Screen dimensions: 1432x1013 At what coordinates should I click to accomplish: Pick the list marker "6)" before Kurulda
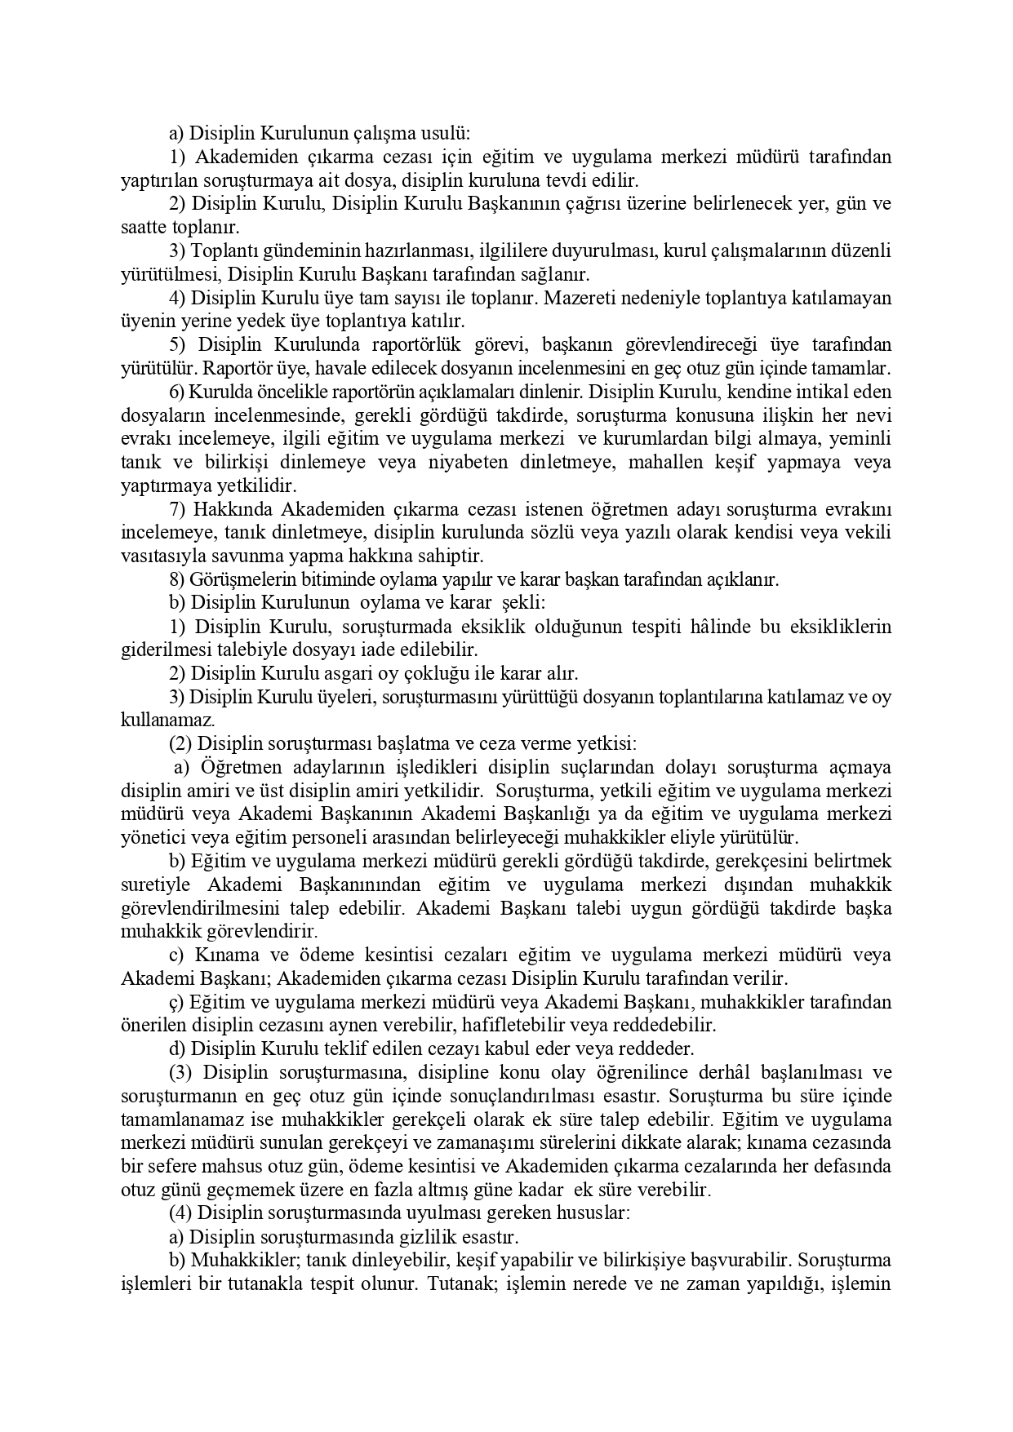click(x=178, y=392)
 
